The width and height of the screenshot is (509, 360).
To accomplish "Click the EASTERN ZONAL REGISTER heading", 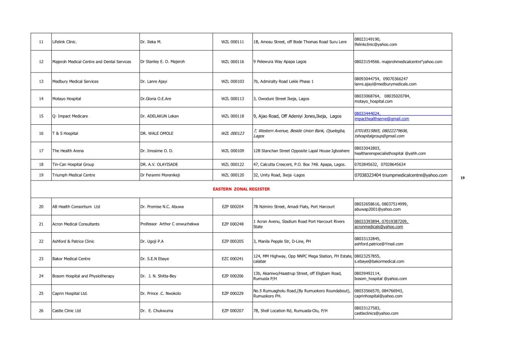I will (241, 189).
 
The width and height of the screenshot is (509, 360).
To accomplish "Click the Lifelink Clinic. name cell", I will (65, 42).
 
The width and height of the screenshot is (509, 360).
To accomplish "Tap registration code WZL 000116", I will (233, 62).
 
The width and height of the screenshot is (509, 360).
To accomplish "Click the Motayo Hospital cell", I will (67, 98).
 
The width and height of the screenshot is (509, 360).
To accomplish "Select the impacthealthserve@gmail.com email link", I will (382, 119).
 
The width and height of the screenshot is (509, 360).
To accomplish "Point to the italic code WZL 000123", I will (233, 133).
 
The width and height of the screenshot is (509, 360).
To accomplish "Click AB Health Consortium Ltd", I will (76, 206).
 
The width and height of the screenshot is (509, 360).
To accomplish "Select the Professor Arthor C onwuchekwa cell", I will (170, 224).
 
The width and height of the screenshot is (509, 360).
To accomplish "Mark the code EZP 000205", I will (233, 241).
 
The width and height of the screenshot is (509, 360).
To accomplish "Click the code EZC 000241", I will (233, 259).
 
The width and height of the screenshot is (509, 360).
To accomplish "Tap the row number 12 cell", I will (41, 62).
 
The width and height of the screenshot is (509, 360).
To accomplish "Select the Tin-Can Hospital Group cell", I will (73, 164).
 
